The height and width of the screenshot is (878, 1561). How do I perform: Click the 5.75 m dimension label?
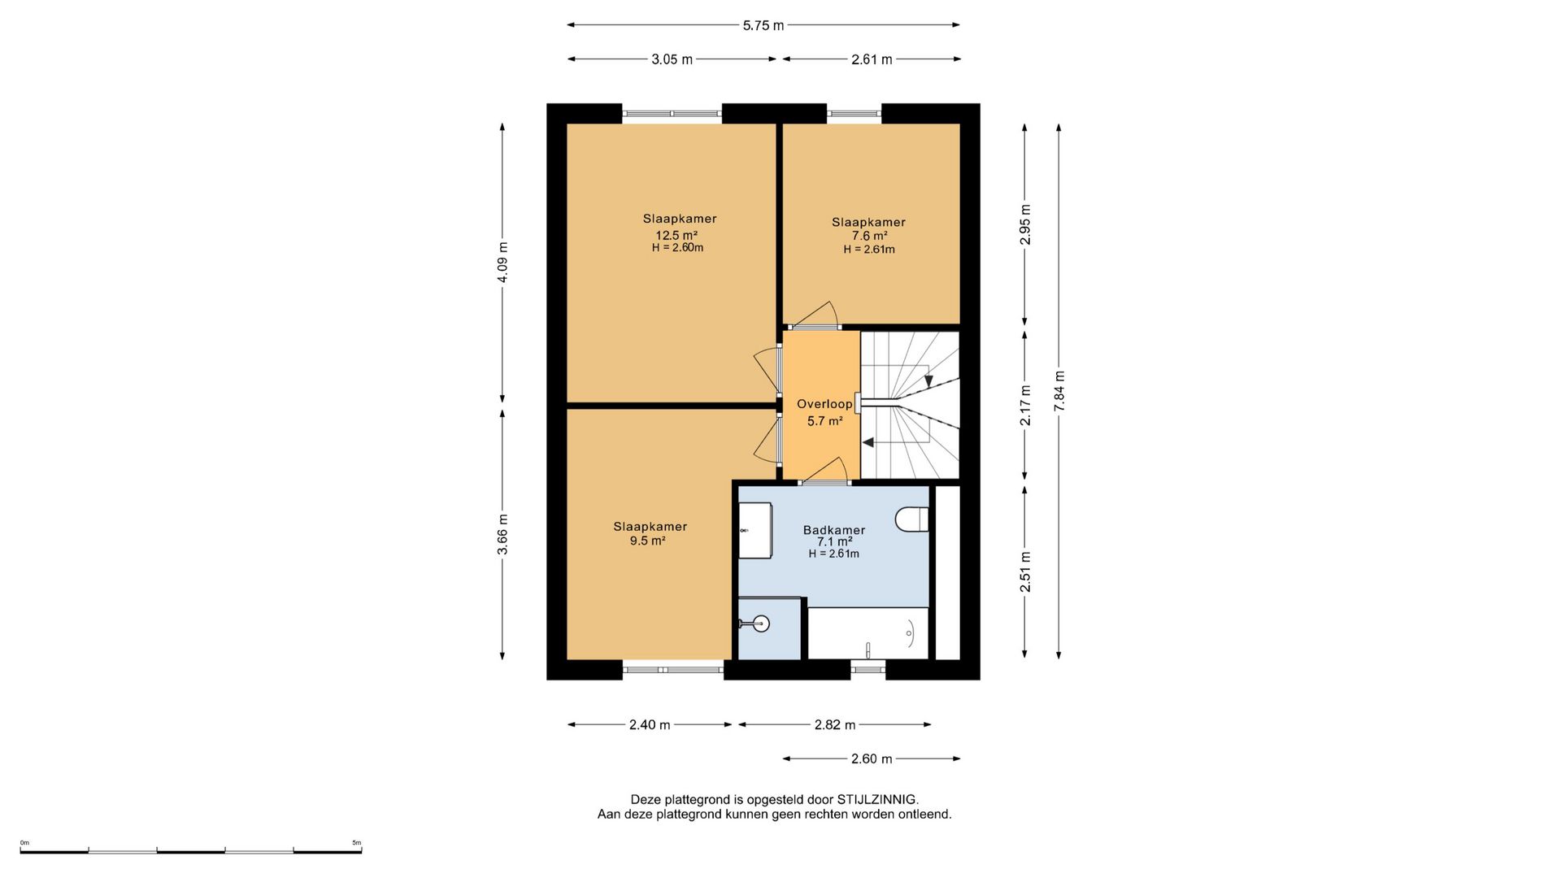click(763, 25)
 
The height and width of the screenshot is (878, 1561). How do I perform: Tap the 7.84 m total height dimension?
click(1059, 391)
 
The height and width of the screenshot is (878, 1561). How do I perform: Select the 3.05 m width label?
click(672, 59)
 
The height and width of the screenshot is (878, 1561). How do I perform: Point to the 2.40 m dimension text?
click(650, 725)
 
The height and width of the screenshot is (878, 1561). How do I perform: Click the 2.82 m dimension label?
click(835, 725)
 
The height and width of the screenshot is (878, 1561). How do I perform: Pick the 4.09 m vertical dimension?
click(502, 263)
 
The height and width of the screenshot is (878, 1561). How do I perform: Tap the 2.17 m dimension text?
click(1025, 405)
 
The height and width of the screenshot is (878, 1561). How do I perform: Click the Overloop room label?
click(824, 404)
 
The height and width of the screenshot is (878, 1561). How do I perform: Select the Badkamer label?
click(834, 530)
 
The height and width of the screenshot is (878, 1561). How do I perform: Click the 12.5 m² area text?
click(676, 235)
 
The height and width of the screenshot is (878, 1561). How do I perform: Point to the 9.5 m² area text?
click(648, 541)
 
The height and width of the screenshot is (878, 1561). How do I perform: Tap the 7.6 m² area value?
click(869, 237)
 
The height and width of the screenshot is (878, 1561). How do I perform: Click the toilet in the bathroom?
click(912, 519)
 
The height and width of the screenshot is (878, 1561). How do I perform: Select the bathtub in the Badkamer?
click(867, 633)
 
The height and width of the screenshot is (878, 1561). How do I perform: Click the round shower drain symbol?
click(761, 624)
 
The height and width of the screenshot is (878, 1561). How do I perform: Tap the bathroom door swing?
click(825, 471)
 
